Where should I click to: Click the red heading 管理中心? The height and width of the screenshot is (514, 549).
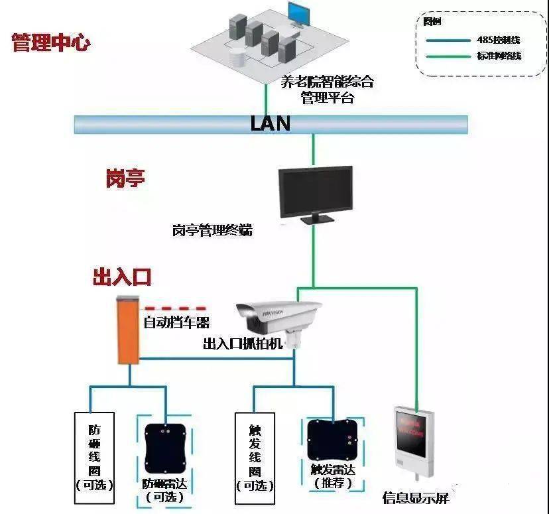(50, 44)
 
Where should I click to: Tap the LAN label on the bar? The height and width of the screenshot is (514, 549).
(270, 123)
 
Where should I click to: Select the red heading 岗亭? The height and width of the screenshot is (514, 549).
(125, 179)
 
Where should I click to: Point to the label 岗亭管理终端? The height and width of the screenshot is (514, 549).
(212, 231)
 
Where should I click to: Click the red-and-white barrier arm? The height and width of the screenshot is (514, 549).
(174, 308)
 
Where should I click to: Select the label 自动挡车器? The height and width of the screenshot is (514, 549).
(177, 323)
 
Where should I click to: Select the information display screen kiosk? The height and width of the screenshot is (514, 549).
(414, 440)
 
